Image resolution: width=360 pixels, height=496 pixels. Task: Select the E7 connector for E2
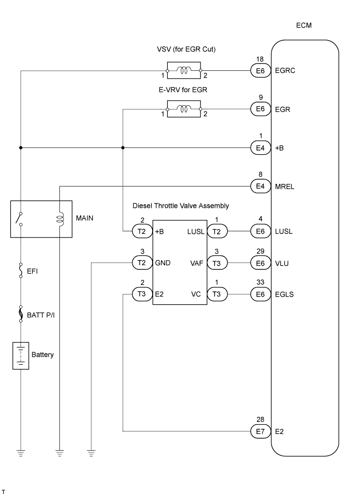click(x=260, y=431)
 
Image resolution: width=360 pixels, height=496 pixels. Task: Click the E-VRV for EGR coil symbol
click(x=183, y=109)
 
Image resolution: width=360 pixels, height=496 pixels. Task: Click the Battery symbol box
click(x=21, y=356)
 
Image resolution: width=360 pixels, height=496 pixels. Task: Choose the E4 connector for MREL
click(x=260, y=186)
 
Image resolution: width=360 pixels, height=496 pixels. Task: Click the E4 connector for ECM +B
click(x=260, y=148)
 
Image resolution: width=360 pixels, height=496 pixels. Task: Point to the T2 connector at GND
click(x=142, y=264)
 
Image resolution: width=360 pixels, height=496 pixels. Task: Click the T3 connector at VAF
click(x=216, y=264)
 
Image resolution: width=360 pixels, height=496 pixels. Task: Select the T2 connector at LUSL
click(x=216, y=231)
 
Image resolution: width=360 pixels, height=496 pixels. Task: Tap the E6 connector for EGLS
click(x=260, y=294)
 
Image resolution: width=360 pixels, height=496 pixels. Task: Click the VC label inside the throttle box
click(x=197, y=294)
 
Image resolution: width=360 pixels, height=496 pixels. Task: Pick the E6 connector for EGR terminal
click(x=260, y=109)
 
